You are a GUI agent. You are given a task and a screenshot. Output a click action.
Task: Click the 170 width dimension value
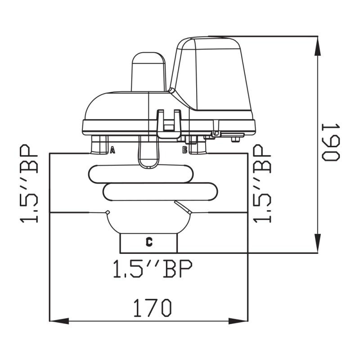pyautogui.click(x=153, y=308)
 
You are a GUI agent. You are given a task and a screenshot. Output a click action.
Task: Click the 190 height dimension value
pyautogui.click(x=331, y=142)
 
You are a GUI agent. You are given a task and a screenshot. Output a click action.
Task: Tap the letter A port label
pyautogui.click(x=112, y=150)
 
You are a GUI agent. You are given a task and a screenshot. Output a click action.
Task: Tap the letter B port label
pyautogui.click(x=185, y=150)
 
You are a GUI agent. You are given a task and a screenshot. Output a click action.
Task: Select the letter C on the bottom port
pyautogui.click(x=149, y=242)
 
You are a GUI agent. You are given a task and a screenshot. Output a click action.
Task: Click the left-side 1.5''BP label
pyautogui.click(x=29, y=184)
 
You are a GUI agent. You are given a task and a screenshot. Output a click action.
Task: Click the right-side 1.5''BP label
pyautogui.click(x=262, y=184)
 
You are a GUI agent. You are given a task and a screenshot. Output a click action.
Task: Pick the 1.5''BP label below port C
pyautogui.click(x=153, y=269)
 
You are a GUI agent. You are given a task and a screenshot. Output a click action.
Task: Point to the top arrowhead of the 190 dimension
pyautogui.click(x=318, y=46)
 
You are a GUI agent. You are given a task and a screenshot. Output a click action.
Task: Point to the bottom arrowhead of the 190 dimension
pyautogui.click(x=318, y=243)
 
